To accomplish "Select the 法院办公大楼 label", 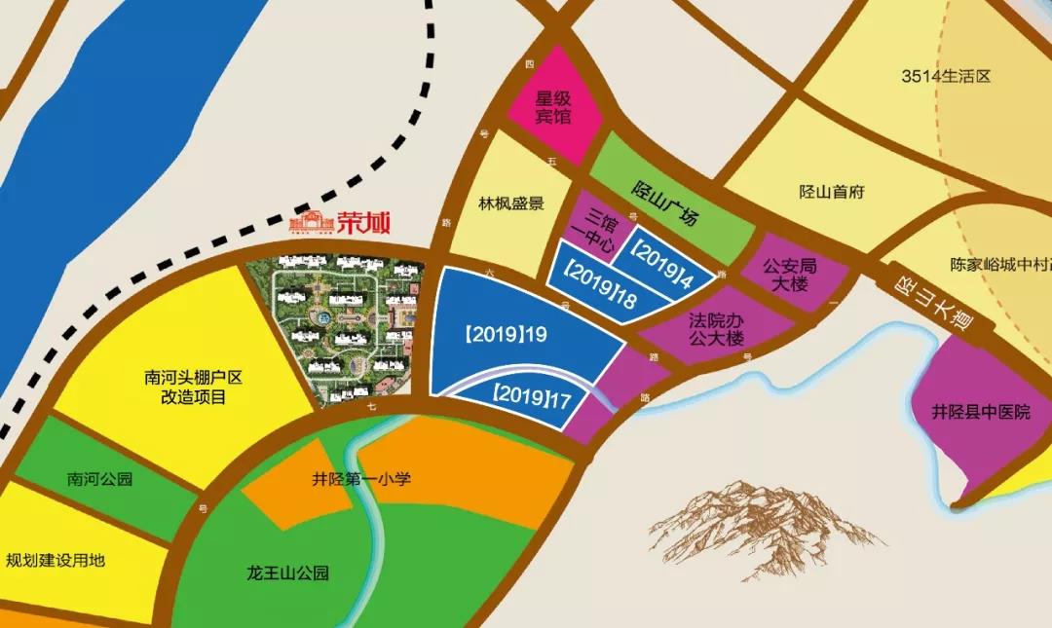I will [716, 329].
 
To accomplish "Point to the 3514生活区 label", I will [945, 75].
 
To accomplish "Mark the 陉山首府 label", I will [831, 192].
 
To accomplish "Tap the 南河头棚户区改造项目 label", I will [184, 388].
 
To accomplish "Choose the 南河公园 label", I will [99, 479].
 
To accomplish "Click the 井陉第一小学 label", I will [361, 479].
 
